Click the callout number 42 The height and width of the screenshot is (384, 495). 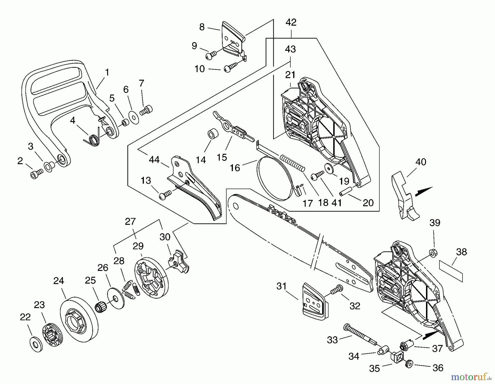pyautogui.click(x=291, y=22)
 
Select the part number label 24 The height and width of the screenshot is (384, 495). pyautogui.click(x=59, y=281)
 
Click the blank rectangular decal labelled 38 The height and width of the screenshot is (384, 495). pyautogui.click(x=451, y=271)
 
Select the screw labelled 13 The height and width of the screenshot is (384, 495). pyautogui.click(x=165, y=195)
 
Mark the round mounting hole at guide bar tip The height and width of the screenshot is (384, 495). pyautogui.click(x=235, y=206)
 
